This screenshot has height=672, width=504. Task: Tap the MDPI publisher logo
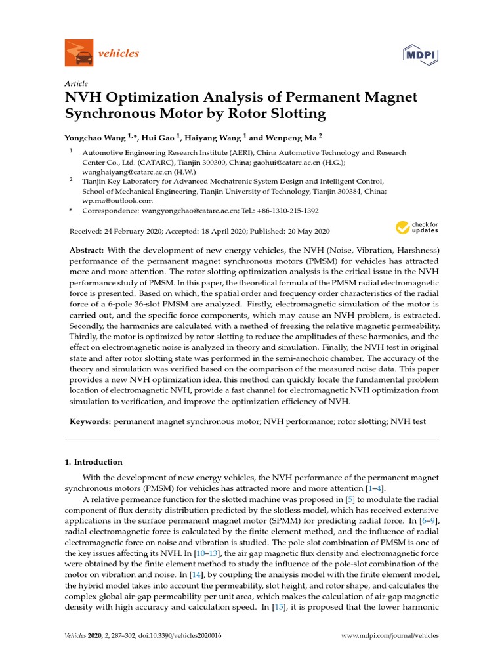click(419, 54)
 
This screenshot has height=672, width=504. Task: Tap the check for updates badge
click(416, 228)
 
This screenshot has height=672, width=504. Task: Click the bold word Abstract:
click(87, 251)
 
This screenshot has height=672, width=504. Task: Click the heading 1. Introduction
click(94, 462)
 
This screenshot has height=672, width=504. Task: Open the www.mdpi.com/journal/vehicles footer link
click(391, 636)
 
